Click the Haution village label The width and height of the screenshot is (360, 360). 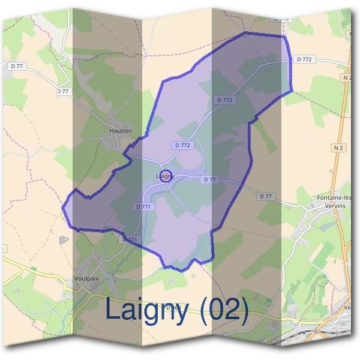click(x=121, y=130)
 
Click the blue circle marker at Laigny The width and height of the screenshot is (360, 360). click(x=167, y=176)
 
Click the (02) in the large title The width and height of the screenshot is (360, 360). click(x=224, y=310)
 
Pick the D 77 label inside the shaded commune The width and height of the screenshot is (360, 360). click(x=209, y=179)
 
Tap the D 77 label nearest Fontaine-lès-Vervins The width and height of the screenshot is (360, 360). click(x=266, y=196)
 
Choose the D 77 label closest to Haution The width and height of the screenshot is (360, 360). click(x=63, y=91)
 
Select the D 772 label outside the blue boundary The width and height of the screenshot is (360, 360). click(x=304, y=59)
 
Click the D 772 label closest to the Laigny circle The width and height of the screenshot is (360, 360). click(x=182, y=145)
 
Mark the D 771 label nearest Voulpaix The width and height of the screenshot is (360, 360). click(x=130, y=239)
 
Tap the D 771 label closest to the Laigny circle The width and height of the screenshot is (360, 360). click(x=143, y=206)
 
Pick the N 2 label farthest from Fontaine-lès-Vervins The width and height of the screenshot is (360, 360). click(x=346, y=77)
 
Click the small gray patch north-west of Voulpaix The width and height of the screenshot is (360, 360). click(x=64, y=240)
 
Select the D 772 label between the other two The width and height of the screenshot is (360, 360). click(x=224, y=100)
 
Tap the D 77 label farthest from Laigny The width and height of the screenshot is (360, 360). click(x=17, y=65)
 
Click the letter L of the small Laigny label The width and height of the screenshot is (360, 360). click(x=157, y=176)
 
